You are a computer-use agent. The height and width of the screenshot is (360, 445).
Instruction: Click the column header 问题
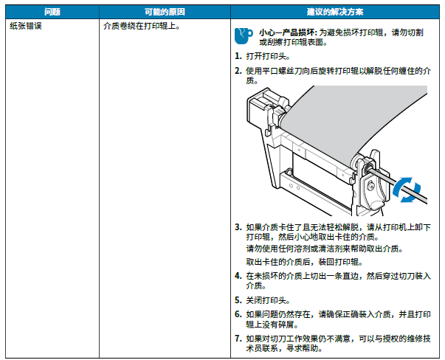pos(52,12)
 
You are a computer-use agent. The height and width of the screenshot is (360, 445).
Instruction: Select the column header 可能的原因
pos(165,12)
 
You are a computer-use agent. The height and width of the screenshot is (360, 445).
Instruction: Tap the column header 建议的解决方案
pos(335,12)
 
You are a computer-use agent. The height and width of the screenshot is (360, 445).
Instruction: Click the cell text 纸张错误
pos(26,26)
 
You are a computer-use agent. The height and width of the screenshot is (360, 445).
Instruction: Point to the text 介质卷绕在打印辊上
pos(142,26)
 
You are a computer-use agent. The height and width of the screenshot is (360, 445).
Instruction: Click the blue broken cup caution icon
pos(244,35)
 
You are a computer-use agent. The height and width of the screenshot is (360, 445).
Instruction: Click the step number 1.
pos(238,56)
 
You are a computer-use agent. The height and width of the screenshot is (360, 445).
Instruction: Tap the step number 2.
pos(238,71)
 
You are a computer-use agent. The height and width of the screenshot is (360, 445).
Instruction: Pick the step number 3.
pos(238,227)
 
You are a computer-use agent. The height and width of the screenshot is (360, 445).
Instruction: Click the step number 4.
pos(238,275)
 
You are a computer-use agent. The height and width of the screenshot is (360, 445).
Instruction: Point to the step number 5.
pos(238,300)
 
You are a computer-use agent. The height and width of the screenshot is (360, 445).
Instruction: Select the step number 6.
pos(238,314)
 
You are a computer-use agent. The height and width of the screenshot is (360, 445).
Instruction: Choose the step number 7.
pos(238,338)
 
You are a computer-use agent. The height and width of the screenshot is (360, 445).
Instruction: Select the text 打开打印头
pos(268,56)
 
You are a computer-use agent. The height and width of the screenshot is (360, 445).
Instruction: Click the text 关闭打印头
pos(268,300)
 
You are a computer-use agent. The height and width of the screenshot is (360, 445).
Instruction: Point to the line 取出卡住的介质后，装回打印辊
pos(304,262)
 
